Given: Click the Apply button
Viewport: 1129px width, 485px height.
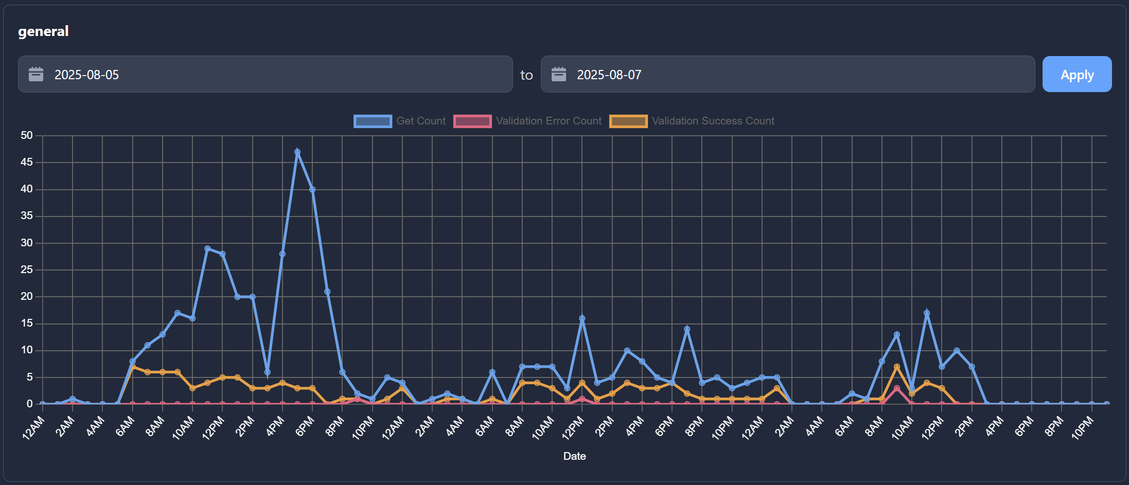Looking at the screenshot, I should pos(1077,75).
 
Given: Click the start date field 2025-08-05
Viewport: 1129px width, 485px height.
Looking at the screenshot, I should pos(265,75).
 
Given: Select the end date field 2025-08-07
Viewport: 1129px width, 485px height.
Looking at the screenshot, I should pos(787,75).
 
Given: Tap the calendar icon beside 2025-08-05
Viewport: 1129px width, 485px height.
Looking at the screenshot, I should pos(36,75).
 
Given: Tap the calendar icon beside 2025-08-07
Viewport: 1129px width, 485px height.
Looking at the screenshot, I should pos(558,75).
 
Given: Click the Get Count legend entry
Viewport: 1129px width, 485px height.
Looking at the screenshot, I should pos(400,121).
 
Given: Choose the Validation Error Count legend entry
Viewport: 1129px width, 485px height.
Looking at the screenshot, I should pos(527,121).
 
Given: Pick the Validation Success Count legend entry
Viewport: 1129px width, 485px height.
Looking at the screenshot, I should pos(692,121).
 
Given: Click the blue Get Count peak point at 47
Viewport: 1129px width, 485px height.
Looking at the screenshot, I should pos(297,152).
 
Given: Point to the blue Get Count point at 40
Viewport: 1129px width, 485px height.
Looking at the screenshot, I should pos(312,189).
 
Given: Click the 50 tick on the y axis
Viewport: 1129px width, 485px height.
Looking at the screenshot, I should pos(27,135).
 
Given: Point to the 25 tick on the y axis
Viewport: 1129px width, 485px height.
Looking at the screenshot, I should pos(27,270).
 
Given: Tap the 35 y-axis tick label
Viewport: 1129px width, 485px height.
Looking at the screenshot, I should pos(27,215).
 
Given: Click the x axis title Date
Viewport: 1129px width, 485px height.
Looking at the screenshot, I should pos(574,456).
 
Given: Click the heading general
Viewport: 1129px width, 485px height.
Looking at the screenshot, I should pos(43,31).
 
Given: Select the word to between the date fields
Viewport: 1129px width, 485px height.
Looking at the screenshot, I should pos(526,75).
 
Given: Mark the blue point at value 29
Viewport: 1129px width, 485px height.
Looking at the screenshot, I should pos(207,248).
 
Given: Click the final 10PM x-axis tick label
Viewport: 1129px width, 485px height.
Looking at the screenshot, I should pos(1083,428).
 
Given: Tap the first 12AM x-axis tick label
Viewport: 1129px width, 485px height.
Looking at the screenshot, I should pos(34,428).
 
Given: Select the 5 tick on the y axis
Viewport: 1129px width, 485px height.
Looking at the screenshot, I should pos(29,377).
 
